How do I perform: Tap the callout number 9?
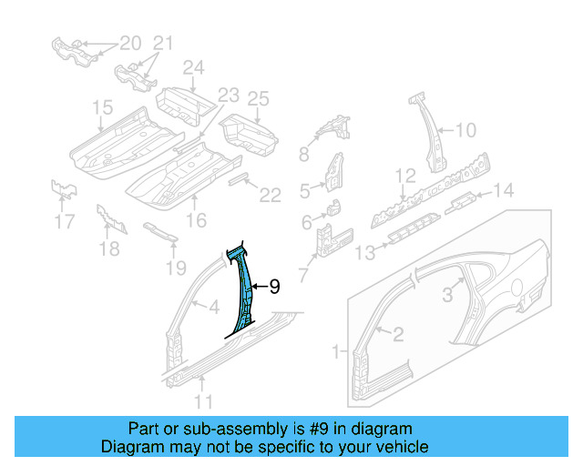(273, 287)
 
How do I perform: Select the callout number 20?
(130, 43)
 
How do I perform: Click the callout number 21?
(161, 43)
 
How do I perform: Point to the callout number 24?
(193, 66)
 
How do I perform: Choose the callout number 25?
(259, 98)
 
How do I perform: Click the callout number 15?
(100, 109)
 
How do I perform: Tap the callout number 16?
(196, 218)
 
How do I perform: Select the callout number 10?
(465, 130)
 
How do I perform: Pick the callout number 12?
(404, 175)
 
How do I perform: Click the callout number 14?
(504, 189)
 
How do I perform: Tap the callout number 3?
(447, 293)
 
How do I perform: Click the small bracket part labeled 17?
(63, 190)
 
